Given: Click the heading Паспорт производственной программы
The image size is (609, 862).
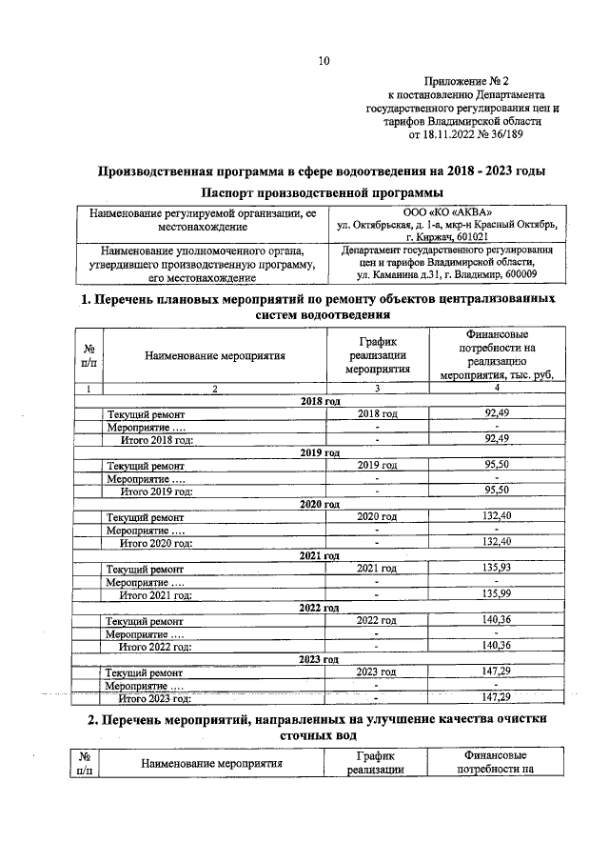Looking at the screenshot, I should (x=323, y=192).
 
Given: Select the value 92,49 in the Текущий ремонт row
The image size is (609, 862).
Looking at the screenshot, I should (x=490, y=414).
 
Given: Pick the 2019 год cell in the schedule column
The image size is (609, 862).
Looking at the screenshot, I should (x=377, y=466).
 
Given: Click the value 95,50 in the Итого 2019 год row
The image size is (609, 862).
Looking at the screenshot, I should (x=490, y=491).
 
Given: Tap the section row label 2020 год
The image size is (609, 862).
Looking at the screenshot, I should (x=320, y=504).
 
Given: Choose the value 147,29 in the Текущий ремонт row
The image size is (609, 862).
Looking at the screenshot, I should (x=490, y=672).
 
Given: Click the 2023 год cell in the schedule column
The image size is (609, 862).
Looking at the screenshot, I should (x=376, y=672).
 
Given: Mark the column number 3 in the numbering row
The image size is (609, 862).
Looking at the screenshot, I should (x=377, y=389).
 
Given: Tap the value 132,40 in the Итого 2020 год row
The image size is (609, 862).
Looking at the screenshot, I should (x=490, y=543).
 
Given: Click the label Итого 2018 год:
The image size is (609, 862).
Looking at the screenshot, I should (x=156, y=440).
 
